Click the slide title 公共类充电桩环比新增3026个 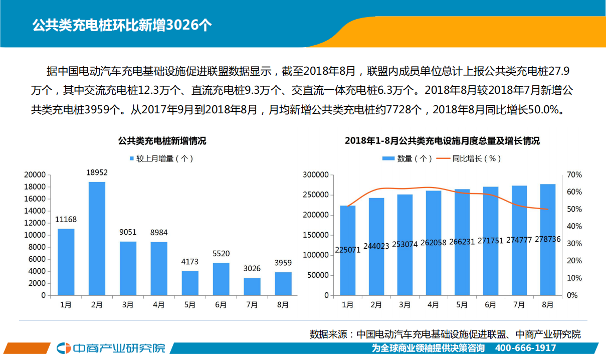point(122,26)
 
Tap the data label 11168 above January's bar point(66,219)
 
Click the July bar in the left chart point(252,286)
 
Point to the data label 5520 point(221,254)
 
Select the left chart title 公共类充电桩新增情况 point(162,141)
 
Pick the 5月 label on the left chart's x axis point(190,304)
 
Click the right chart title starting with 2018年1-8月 point(442,141)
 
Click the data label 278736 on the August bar point(547,240)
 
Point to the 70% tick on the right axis point(574,175)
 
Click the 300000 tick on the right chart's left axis point(316,175)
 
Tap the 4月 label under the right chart point(433,304)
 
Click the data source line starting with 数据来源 point(445,334)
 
